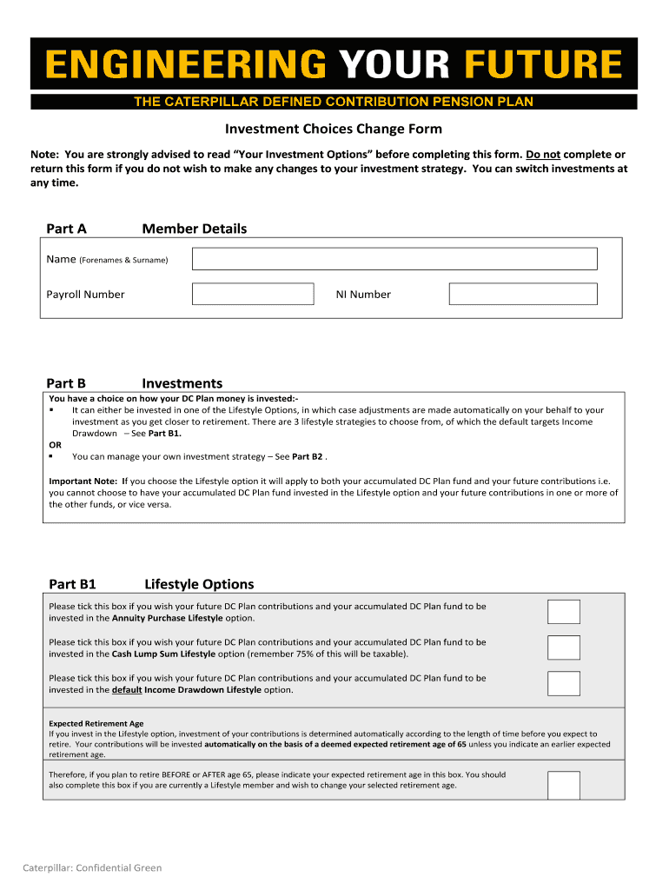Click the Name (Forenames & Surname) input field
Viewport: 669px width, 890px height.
pos(394,259)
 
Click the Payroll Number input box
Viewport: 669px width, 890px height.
pos(253,294)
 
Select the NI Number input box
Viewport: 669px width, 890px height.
pos(523,294)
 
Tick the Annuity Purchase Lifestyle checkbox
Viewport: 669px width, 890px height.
pos(563,612)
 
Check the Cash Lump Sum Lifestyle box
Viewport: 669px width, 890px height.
pos(563,648)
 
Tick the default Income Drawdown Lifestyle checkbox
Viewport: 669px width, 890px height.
pos(563,683)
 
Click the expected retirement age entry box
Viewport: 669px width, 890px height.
pos(563,785)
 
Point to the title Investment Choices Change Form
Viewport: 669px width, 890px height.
pos(334,130)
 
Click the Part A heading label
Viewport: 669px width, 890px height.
pos(66,229)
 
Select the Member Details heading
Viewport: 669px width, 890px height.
pos(194,229)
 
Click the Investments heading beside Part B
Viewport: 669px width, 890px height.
pos(182,383)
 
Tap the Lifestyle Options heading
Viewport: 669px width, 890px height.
pos(199,584)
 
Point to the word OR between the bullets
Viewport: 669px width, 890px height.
pos(55,444)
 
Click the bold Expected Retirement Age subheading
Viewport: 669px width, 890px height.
pos(96,723)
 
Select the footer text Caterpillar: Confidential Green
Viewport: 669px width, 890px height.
pos(92,867)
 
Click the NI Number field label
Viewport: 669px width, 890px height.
pos(363,295)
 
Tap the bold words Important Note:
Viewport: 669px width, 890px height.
pos(83,481)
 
